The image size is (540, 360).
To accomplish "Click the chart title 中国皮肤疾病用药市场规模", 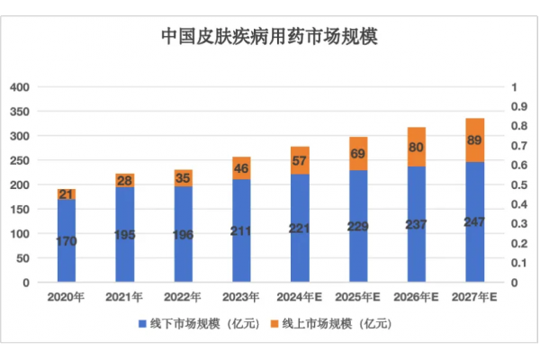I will (269, 37).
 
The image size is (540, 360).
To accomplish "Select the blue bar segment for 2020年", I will (66, 240).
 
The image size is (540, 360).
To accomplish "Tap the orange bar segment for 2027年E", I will (474, 140).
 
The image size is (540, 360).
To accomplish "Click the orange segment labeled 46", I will (241, 168).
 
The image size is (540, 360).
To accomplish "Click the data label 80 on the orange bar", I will (417, 147).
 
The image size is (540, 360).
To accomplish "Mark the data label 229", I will (358, 226).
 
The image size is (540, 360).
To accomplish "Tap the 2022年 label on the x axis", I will (183, 295).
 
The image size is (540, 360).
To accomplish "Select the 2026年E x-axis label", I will (417, 295).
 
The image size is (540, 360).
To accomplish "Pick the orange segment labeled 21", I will (66, 194).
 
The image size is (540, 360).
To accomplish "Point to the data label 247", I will (474, 220).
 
